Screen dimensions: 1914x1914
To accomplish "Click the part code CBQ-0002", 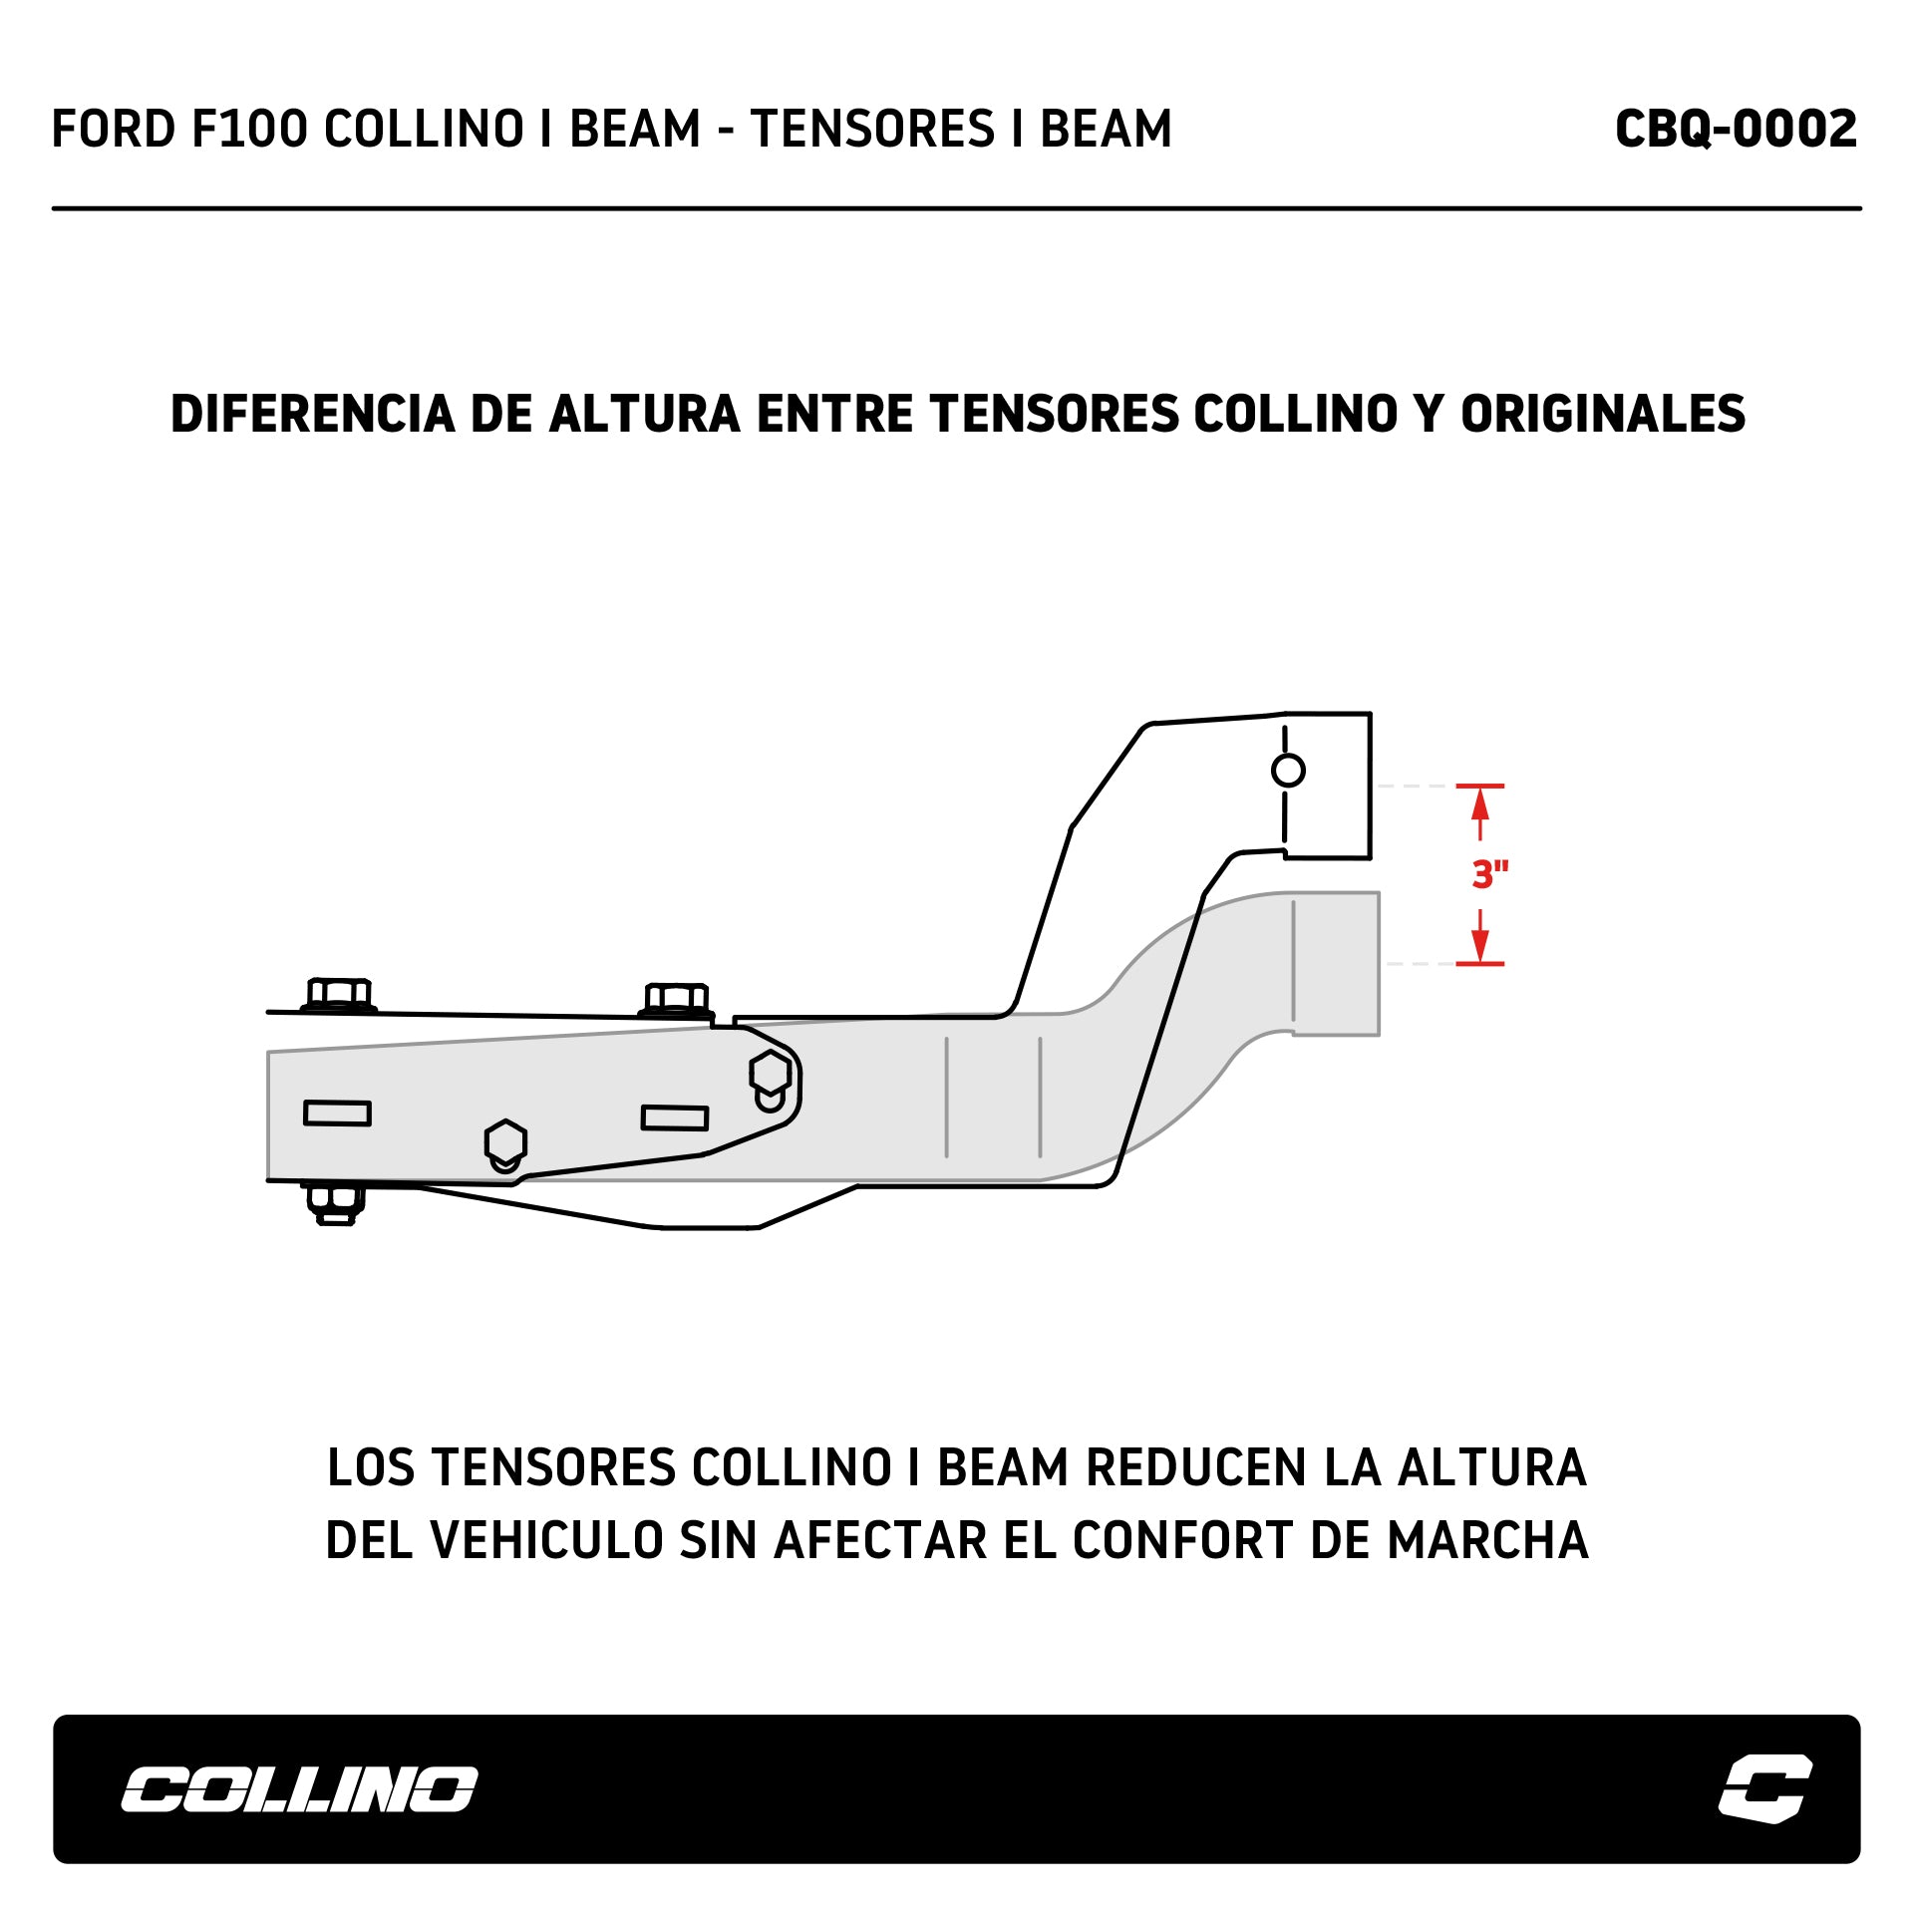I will (x=1736, y=130).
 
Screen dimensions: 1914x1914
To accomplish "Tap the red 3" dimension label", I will (x=1489, y=874).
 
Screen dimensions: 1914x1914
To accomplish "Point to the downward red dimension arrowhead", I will (x=1480, y=948).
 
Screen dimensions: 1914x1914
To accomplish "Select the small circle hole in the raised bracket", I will (x=1288, y=771).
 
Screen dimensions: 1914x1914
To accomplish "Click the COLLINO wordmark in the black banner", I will (x=299, y=1789).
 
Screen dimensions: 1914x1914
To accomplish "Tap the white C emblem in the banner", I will (x=1764, y=1788).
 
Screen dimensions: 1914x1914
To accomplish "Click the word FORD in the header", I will (x=113, y=130).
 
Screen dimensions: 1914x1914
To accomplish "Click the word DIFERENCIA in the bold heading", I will (x=312, y=415).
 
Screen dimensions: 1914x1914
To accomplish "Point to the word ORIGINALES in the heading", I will (x=1603, y=415).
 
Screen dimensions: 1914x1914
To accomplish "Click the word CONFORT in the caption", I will (x=1183, y=1540).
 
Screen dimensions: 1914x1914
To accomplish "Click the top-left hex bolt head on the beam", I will (x=339, y=995).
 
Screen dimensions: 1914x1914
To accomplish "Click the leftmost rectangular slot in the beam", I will (x=337, y=1114).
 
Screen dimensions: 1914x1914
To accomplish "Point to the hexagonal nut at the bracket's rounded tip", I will (x=770, y=1074).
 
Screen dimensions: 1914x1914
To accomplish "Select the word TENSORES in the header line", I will (x=872, y=130).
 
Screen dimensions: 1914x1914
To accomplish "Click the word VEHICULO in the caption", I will (x=546, y=1540).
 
